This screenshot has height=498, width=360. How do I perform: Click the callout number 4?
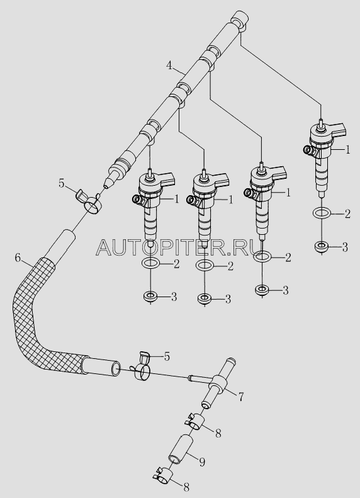(170, 65)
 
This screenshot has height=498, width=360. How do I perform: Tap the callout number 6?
(18, 258)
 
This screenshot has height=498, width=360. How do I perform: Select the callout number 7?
(241, 397)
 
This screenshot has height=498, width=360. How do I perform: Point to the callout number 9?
(202, 461)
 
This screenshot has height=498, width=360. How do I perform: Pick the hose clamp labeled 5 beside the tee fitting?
(142, 366)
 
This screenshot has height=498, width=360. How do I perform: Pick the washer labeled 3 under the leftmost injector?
(150, 297)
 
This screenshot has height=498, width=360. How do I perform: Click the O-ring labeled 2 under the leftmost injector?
(150, 263)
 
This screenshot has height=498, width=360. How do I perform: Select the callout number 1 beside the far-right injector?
(348, 149)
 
